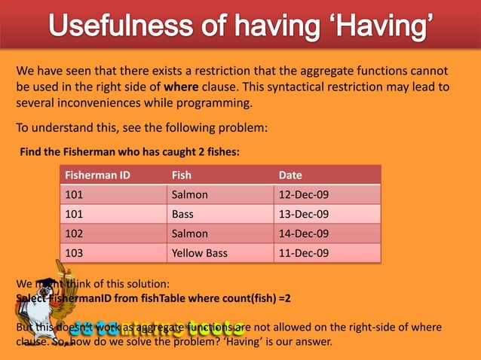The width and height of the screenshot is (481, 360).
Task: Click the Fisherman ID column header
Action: click(98, 175)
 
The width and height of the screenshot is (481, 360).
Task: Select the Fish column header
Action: click(182, 175)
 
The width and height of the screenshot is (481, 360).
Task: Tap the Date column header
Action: click(290, 175)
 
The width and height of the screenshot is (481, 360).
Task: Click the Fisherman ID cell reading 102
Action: click(75, 233)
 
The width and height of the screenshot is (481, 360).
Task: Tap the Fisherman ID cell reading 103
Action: click(75, 253)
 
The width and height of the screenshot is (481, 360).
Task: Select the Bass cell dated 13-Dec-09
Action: click(183, 215)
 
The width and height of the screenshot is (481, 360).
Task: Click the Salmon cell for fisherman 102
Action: click(190, 233)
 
